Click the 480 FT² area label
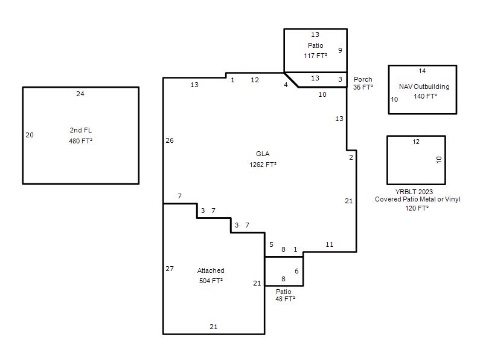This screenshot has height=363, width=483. point(81,141)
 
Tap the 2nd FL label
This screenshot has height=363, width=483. point(81,130)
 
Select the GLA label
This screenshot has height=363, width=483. point(263,154)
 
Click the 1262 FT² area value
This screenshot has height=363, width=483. point(263,165)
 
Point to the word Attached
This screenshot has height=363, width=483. point(211,270)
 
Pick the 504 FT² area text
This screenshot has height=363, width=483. point(211,281)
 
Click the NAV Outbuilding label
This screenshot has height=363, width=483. point(424,87)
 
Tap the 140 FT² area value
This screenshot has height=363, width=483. point(425,96)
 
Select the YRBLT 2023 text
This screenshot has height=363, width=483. point(414,192)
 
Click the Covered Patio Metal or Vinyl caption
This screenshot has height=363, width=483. point(418,199)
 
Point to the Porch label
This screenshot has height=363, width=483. point(363,79)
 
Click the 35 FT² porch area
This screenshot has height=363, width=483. point(363,87)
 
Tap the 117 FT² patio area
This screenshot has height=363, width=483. point(315,56)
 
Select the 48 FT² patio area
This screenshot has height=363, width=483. point(285,299)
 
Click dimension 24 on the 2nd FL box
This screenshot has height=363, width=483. point(80,94)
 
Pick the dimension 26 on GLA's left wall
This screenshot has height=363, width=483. point(170,140)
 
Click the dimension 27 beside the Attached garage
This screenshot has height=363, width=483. point(170,269)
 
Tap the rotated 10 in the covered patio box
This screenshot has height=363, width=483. point(439,160)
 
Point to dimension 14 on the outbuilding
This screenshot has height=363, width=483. point(422,71)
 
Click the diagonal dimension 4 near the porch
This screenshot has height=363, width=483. point(286,85)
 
